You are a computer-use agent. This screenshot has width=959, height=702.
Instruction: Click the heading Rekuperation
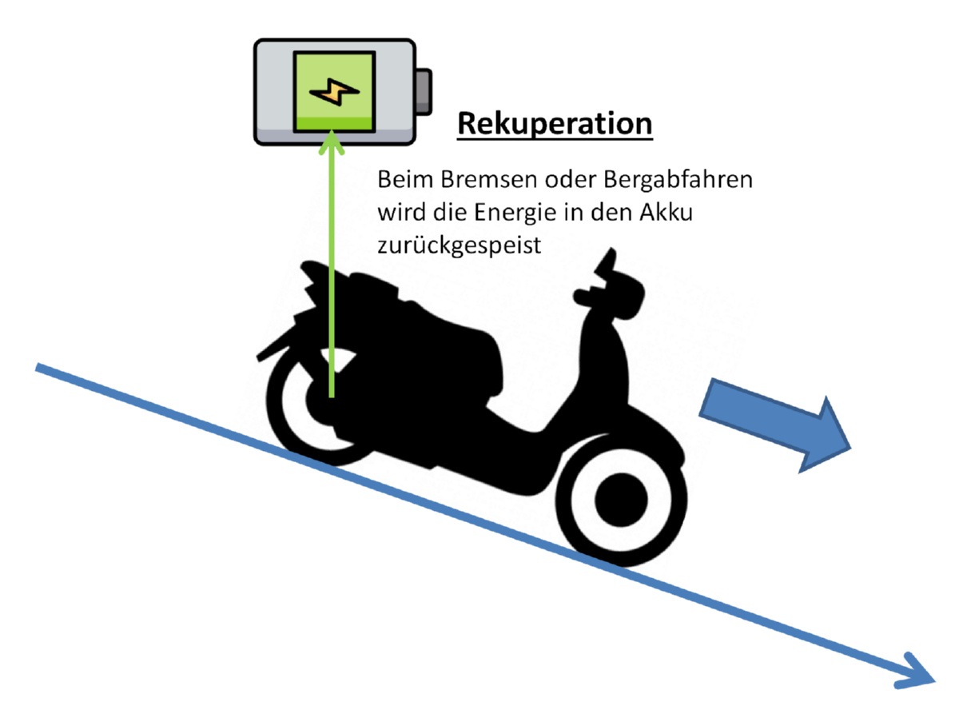[x=555, y=124]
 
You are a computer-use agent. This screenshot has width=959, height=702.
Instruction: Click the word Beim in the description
[x=401, y=181]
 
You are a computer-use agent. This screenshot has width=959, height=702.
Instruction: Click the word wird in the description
[x=396, y=213]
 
